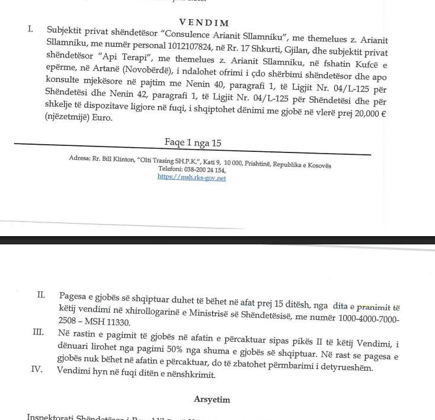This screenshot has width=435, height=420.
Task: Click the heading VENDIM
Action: click(x=203, y=23)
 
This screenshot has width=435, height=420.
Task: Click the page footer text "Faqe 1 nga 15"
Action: click(x=193, y=144)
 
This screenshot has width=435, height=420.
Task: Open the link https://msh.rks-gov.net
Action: click(x=191, y=177)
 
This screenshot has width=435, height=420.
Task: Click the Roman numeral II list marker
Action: click(x=41, y=295)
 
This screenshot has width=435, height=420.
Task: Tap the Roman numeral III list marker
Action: click(x=39, y=332)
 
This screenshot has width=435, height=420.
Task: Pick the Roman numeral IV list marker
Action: click(x=37, y=369)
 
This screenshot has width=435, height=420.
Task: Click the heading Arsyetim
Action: click(x=212, y=399)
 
